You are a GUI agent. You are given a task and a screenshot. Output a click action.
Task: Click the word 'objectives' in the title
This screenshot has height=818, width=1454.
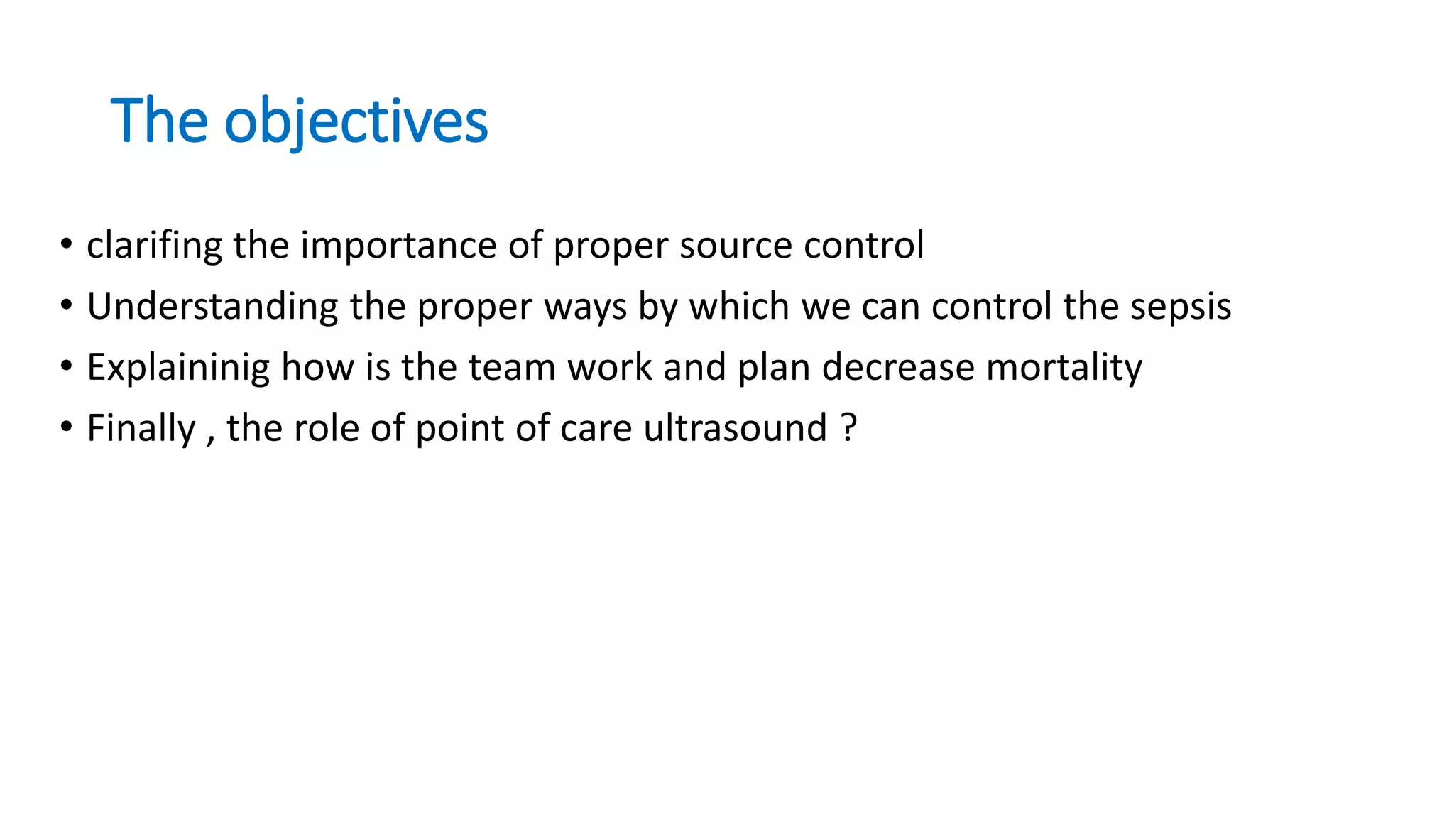(x=356, y=122)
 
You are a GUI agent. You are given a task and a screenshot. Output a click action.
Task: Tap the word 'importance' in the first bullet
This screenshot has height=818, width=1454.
(x=398, y=246)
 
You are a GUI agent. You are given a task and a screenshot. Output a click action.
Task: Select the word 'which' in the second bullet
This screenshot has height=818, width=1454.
(x=739, y=307)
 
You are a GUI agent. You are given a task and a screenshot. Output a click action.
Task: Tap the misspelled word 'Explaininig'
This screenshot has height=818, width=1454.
(x=178, y=368)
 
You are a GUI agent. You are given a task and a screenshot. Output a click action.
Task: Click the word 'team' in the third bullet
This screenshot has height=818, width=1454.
(x=511, y=368)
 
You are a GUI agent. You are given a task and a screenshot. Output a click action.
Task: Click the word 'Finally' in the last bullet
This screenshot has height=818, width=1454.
(x=141, y=429)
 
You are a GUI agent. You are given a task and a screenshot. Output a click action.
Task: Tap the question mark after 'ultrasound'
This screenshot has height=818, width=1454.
(x=848, y=429)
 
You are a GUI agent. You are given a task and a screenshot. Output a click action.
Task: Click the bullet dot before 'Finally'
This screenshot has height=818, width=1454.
(x=66, y=427)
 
